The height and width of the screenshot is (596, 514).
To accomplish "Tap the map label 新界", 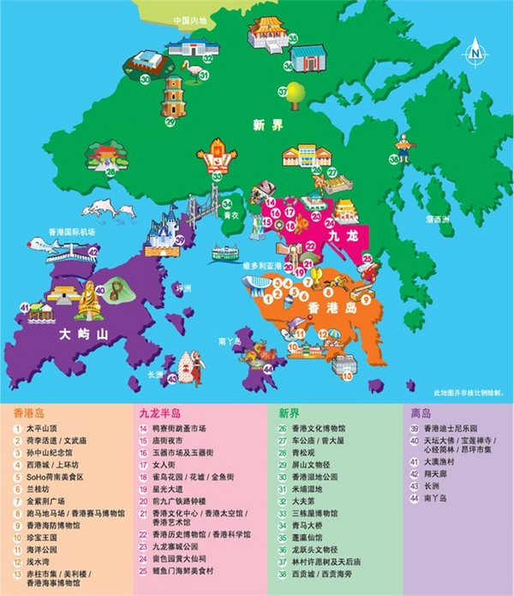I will pyautogui.click(x=267, y=125).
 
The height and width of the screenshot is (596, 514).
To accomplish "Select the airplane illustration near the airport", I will pyautogui.click(x=49, y=250).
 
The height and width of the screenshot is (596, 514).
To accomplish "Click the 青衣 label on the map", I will pyautogui.click(x=230, y=218).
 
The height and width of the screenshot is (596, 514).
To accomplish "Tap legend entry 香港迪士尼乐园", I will pyautogui.click(x=440, y=428).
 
